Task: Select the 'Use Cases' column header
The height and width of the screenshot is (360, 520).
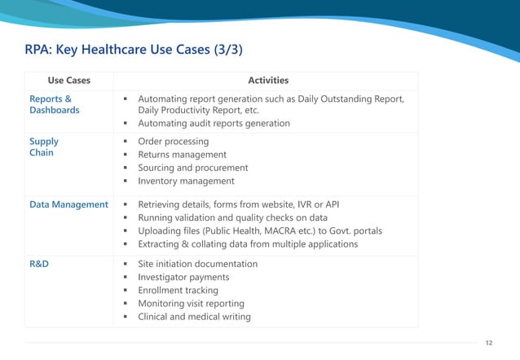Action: coord(69,81)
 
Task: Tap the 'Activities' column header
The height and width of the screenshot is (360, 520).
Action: coord(268,81)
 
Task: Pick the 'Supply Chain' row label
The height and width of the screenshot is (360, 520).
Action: coord(44,147)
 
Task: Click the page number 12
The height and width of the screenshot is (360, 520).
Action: coord(489,343)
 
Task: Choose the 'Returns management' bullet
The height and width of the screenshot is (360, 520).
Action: coord(182,155)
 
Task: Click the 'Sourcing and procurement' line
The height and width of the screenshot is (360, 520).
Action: coord(192,168)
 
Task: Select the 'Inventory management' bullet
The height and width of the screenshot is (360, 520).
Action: coord(186,181)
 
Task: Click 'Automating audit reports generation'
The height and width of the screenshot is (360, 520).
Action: coord(214,124)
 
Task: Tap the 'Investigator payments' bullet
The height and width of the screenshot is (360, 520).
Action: coord(183,277)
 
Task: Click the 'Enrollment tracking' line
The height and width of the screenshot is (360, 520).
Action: coord(178,290)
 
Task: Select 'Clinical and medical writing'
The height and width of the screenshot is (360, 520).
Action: coord(194,317)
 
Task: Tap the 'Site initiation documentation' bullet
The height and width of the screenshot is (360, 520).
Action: coord(197,264)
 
